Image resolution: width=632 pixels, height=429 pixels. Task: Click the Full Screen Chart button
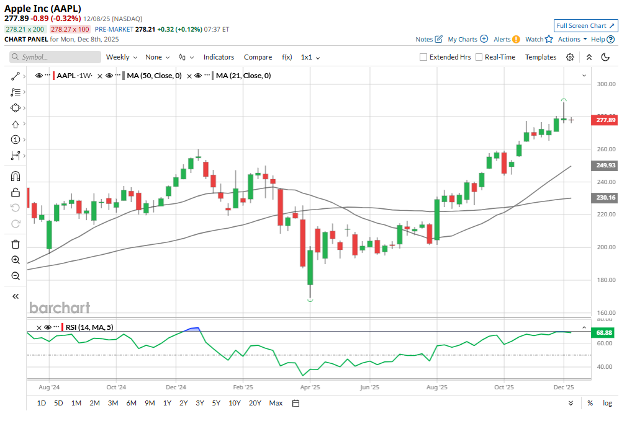585,25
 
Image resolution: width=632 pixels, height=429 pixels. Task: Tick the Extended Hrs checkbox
423,57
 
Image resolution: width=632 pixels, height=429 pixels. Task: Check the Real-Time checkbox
479,57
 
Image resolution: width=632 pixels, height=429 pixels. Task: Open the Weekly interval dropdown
121,57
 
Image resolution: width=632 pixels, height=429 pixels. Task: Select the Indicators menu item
219,57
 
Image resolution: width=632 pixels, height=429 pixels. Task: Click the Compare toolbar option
258,57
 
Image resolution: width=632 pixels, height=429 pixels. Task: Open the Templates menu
541,57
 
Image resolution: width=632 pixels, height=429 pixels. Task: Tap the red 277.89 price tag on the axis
605,120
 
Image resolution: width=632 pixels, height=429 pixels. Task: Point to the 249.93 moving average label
605,166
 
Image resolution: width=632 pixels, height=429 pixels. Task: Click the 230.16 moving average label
605,198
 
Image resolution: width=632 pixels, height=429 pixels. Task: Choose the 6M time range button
131,403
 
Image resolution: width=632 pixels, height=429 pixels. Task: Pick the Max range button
276,403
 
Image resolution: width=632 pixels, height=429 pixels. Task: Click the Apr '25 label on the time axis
309,387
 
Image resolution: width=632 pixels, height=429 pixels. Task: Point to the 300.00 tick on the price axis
605,84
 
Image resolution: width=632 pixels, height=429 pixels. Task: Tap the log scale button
607,403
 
